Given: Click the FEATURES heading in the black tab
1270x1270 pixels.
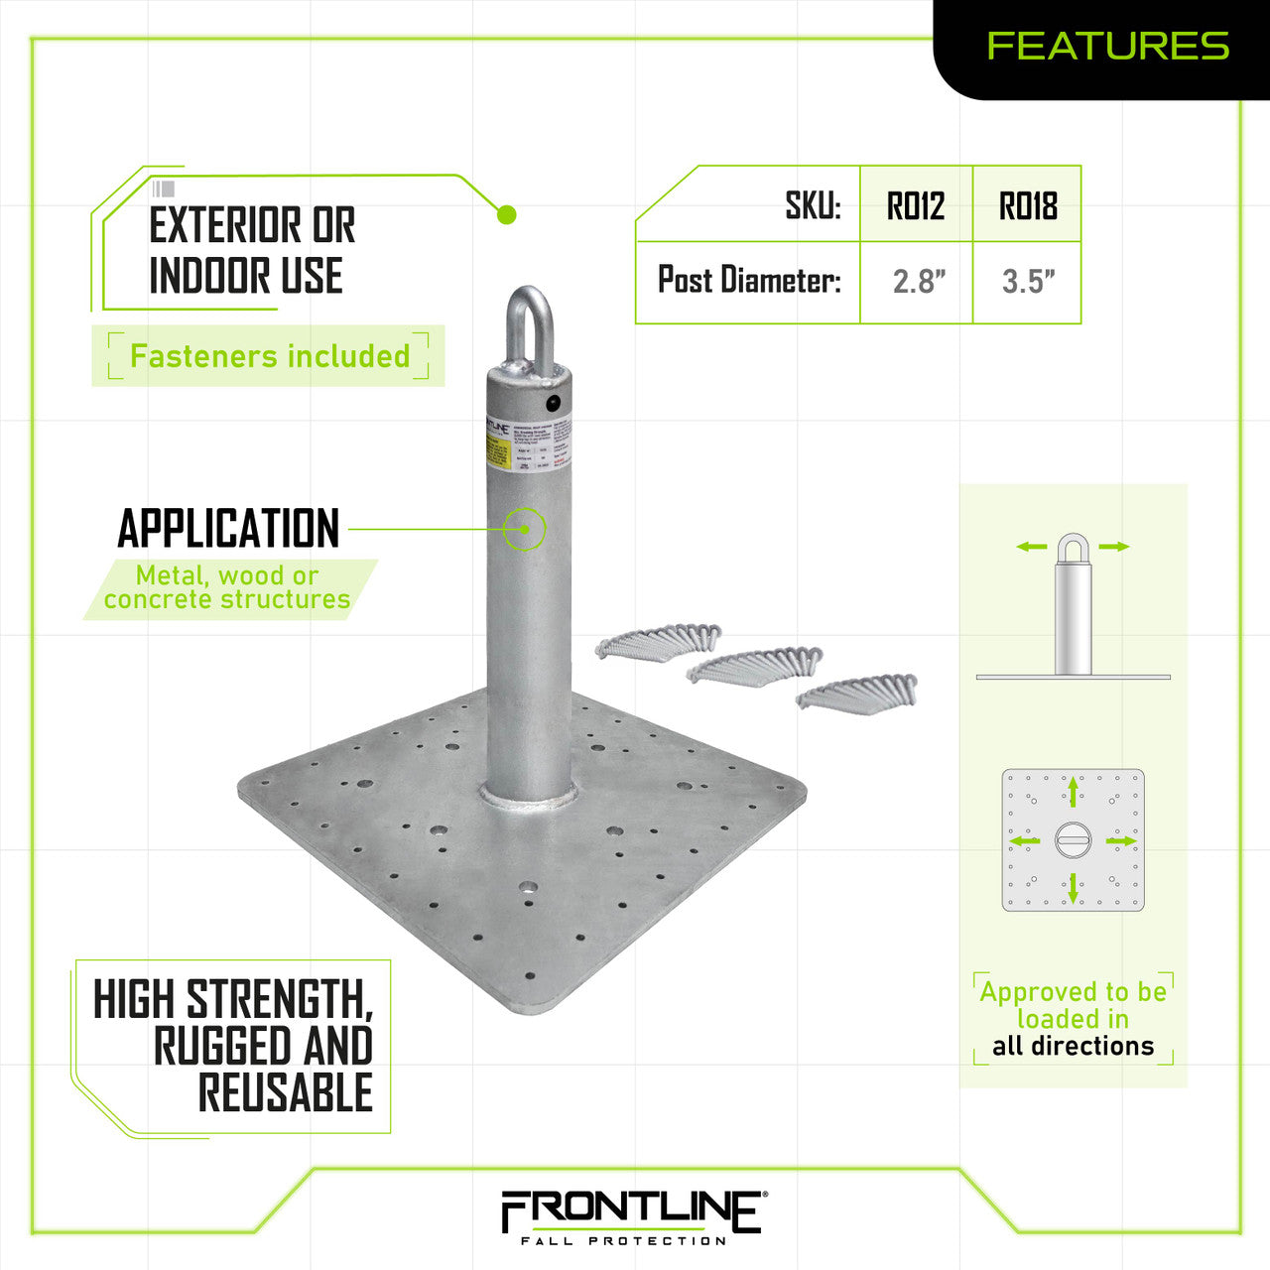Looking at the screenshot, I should pyautogui.click(x=1107, y=46).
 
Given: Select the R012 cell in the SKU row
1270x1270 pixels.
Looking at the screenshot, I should pyautogui.click(x=916, y=206).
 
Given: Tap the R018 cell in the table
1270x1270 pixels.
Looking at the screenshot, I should pyautogui.click(x=1027, y=206).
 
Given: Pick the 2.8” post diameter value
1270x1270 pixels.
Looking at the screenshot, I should pyautogui.click(x=919, y=282).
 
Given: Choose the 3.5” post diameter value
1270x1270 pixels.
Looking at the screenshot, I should pyautogui.click(x=1028, y=282).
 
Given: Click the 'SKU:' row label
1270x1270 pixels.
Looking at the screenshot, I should pyautogui.click(x=813, y=206).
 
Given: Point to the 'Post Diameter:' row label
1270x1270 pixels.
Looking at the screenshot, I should pyautogui.click(x=749, y=281).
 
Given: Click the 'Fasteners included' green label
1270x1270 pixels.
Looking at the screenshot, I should pyautogui.click(x=269, y=356).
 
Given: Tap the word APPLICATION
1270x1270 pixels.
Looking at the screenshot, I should pyautogui.click(x=228, y=529).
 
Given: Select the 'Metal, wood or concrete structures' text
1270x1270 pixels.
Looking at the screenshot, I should pyautogui.click(x=227, y=587).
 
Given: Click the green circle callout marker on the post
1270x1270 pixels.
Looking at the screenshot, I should pyautogui.click(x=525, y=529).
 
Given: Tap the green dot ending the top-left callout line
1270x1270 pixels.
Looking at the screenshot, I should pyautogui.click(x=506, y=214).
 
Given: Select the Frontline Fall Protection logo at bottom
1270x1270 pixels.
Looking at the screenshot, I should pyautogui.click(x=632, y=1216).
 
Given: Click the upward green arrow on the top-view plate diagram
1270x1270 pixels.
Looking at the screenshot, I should pyautogui.click(x=1073, y=792).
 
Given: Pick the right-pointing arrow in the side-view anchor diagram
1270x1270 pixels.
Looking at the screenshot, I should pyautogui.click(x=1114, y=547).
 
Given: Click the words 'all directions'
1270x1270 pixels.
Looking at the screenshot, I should pyautogui.click(x=1073, y=1046).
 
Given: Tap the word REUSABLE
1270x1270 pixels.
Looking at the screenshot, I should pyautogui.click(x=286, y=1092).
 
